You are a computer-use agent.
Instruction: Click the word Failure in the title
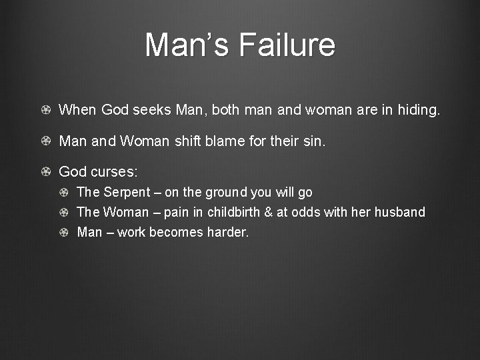pyautogui.click(x=286, y=45)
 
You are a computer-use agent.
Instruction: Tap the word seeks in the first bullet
pyautogui.click(x=155, y=110)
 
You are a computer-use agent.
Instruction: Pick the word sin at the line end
pyautogui.click(x=317, y=141)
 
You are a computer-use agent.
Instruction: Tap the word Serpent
pyautogui.click(x=131, y=193)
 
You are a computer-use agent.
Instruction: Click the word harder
pyautogui.click(x=227, y=233)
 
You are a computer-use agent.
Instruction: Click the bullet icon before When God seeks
pyautogui.click(x=45, y=110)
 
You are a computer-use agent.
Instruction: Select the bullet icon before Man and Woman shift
pyautogui.click(x=45, y=141)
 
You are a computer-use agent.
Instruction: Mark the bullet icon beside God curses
pyautogui.click(x=45, y=172)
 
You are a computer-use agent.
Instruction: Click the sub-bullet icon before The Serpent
pyautogui.click(x=64, y=193)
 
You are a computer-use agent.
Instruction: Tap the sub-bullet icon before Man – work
pyautogui.click(x=64, y=233)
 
